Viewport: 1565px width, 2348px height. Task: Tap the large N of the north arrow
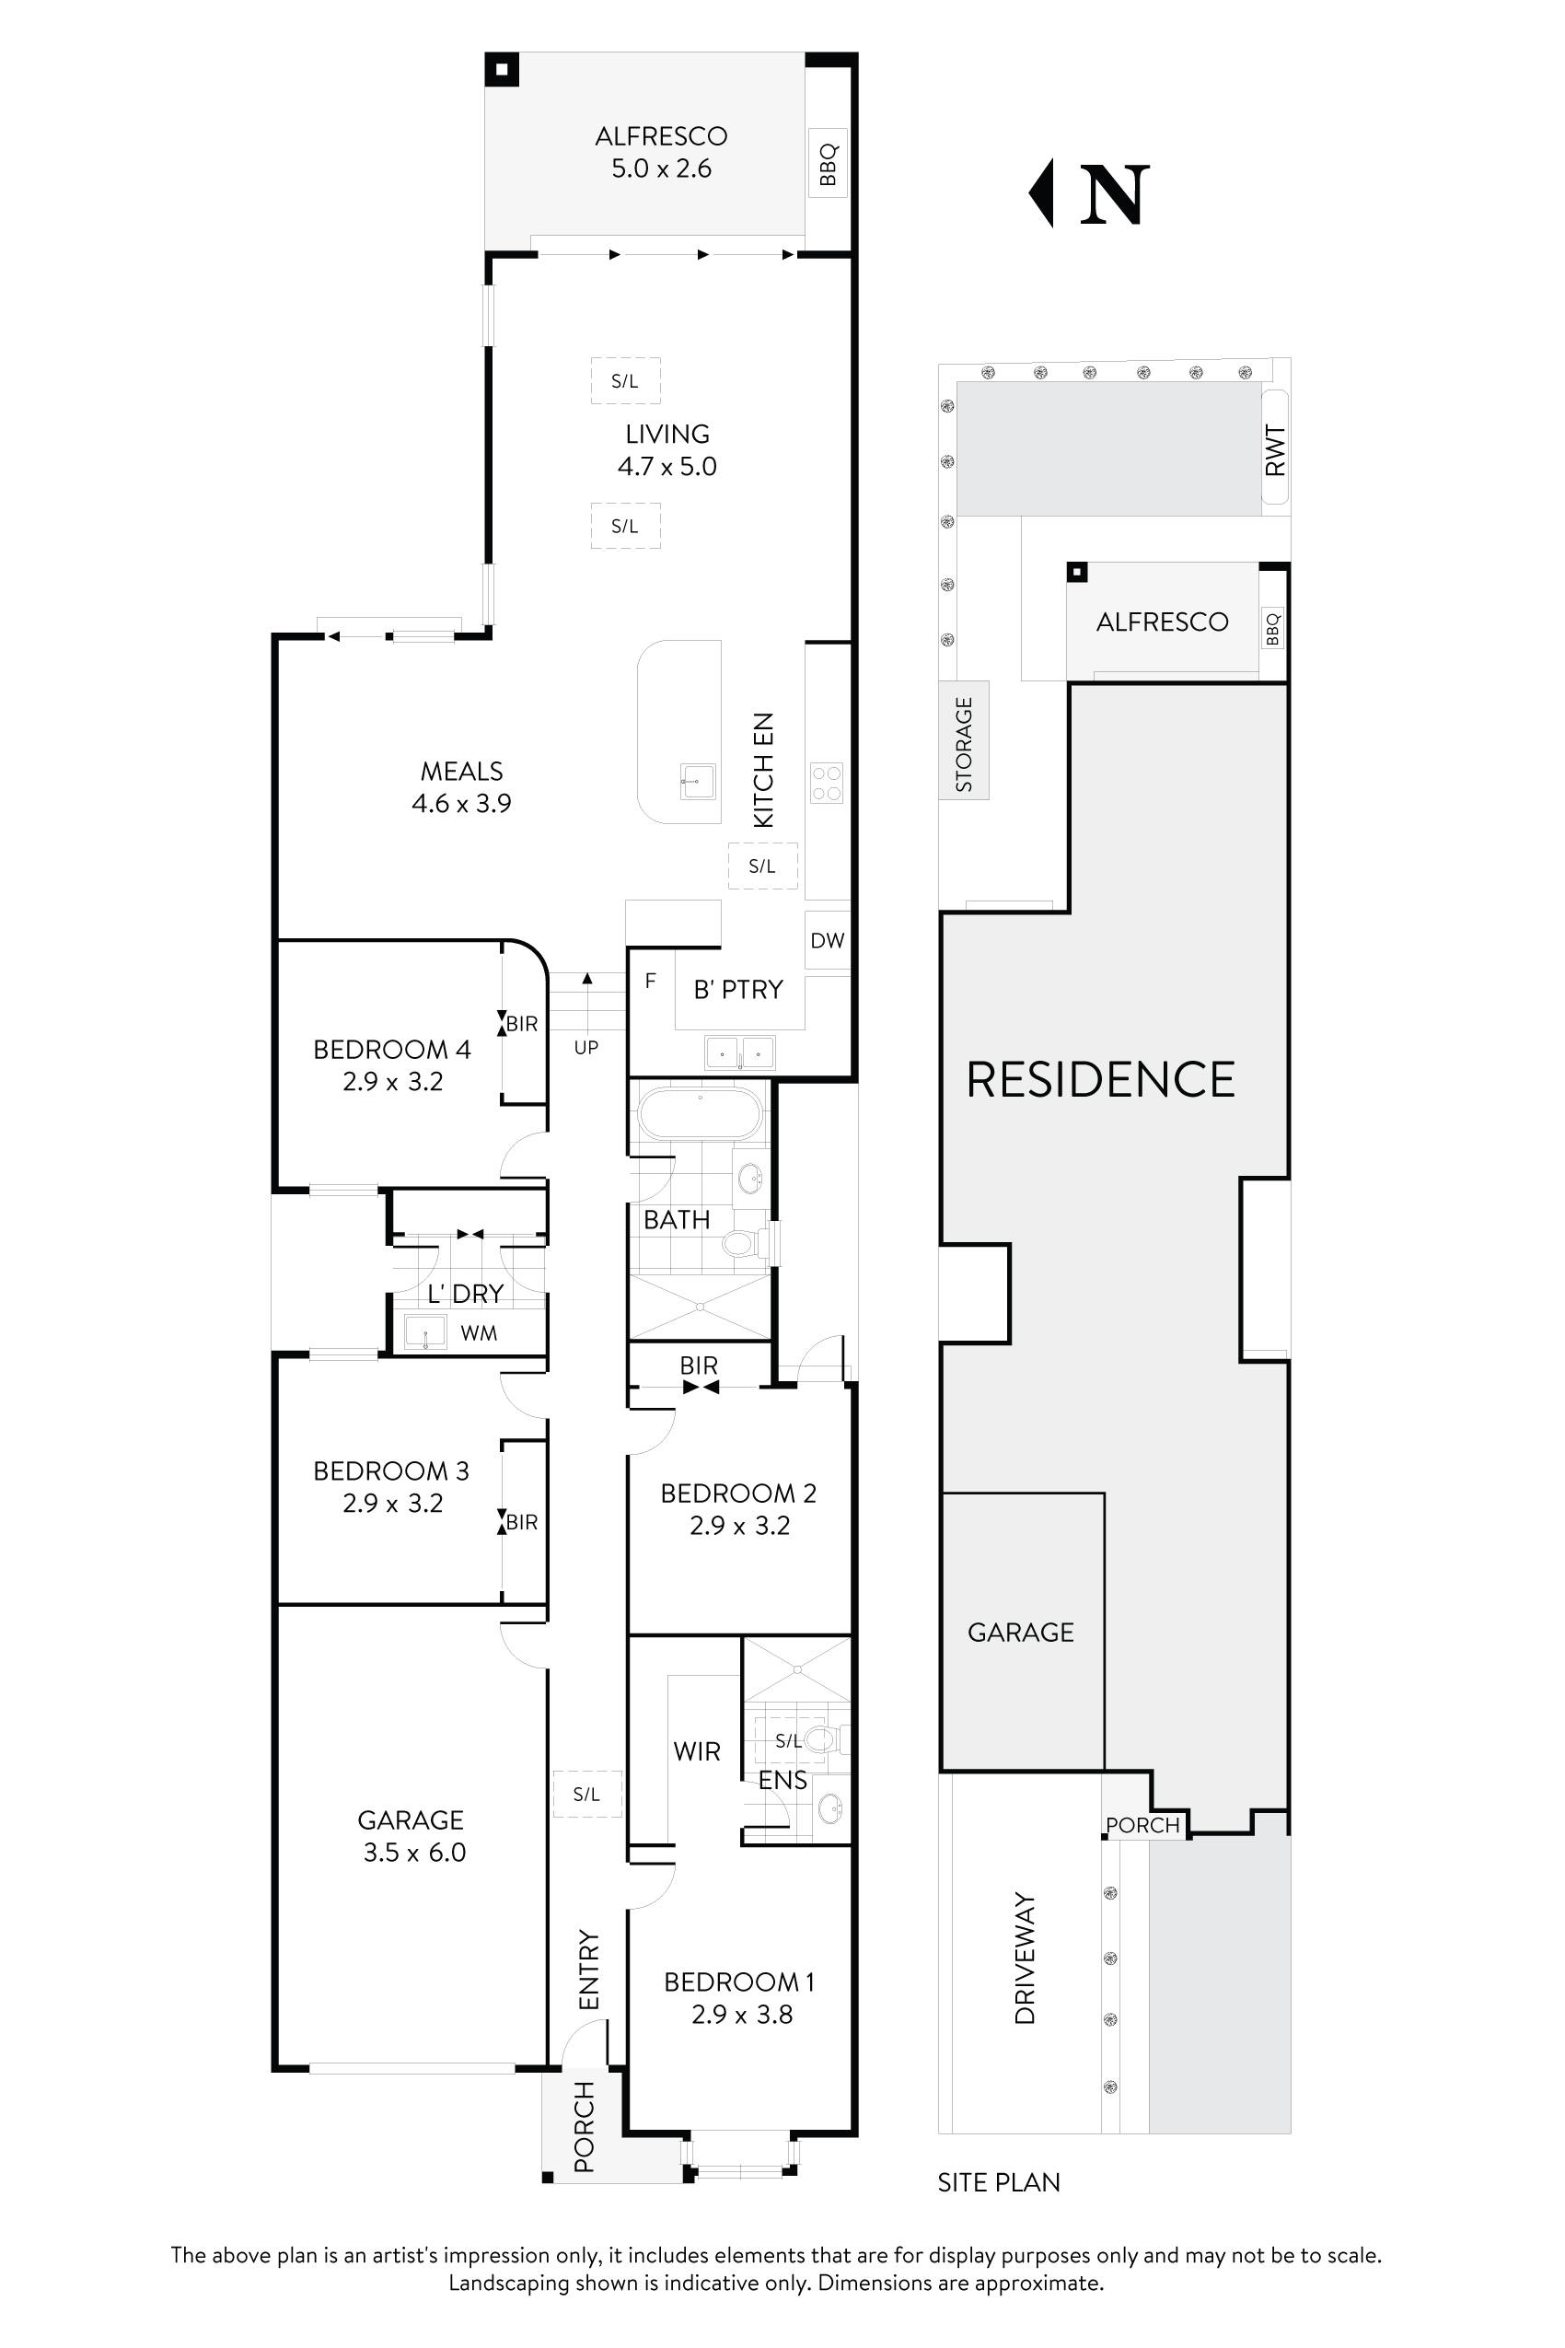coord(1115,195)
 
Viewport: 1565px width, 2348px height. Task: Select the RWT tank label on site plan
coord(1276,450)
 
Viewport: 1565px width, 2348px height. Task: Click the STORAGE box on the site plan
coord(964,739)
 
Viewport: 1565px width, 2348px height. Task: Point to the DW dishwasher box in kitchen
coord(828,940)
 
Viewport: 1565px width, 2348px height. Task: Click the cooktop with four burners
coord(827,783)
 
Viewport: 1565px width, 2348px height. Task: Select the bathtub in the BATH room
coord(700,1115)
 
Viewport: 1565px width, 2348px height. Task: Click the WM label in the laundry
coord(479,1332)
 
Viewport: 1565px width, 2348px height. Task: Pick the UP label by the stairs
coord(585,1048)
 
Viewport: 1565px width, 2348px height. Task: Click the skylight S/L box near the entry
coord(587,1794)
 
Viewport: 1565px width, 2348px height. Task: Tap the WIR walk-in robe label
coord(697,1751)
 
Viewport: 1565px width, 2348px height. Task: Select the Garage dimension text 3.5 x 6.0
coord(414,1853)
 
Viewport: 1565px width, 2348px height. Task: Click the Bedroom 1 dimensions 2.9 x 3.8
coord(742,2015)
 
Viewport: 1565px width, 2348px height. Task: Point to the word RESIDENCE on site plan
coord(1100,1080)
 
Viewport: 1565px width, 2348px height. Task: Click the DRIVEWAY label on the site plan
coord(1025,1958)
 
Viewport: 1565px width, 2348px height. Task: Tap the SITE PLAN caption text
coord(998,2182)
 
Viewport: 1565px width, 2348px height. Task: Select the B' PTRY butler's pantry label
coord(738,989)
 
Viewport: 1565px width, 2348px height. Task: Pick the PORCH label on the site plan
coord(1142,1825)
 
